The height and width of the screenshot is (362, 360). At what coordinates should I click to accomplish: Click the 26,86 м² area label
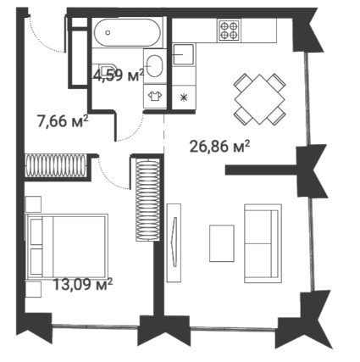[219, 147]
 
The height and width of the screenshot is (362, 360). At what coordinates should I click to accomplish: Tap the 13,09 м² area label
[83, 285]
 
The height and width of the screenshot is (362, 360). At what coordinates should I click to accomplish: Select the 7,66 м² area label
[63, 121]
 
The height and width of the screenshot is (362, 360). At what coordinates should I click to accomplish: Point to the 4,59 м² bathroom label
[119, 75]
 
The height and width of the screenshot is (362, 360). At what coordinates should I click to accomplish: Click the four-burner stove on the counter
[229, 31]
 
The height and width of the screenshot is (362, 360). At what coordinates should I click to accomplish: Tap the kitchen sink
[184, 54]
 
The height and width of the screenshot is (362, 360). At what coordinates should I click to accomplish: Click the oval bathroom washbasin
[154, 66]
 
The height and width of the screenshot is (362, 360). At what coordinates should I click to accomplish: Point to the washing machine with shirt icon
[155, 96]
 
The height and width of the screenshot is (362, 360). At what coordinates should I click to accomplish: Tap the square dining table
[260, 99]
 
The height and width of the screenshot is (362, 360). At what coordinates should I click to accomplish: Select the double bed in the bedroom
[67, 246]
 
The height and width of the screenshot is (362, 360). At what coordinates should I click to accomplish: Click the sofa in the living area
[263, 243]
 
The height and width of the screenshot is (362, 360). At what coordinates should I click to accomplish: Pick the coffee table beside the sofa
[222, 243]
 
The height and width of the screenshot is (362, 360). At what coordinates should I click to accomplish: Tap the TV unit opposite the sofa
[174, 242]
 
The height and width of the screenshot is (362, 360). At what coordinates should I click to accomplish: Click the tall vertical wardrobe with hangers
[148, 200]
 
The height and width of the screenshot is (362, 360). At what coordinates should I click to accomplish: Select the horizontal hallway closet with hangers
[56, 165]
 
